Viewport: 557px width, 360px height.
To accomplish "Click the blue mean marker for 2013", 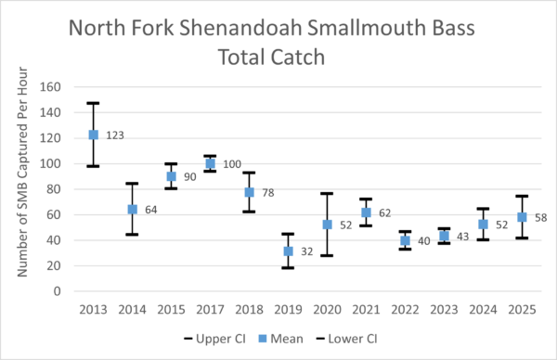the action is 94,135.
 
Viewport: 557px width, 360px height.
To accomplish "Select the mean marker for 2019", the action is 288,251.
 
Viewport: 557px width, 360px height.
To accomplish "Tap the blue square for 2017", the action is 211,163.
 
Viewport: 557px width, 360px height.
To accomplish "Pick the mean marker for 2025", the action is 522,217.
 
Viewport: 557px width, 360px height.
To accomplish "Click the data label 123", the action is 115,135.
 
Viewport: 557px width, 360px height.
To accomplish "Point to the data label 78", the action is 268,192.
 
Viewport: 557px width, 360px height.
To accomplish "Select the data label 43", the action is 463,237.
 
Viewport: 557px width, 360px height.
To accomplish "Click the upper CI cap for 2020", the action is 327,194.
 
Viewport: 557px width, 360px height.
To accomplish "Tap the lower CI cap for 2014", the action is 132,235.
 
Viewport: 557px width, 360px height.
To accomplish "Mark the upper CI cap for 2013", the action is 93,103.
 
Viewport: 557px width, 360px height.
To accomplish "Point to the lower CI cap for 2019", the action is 288,268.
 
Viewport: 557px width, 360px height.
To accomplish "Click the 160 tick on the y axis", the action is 50,86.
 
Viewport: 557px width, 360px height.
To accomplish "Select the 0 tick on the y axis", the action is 58,291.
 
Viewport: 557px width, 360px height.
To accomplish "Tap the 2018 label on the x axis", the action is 249,310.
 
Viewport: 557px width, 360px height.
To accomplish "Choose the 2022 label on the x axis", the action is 405,310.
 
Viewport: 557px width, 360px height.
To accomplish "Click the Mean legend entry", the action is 280,339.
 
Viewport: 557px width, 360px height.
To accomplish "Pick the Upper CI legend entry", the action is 215,339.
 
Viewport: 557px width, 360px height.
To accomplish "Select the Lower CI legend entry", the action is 346,339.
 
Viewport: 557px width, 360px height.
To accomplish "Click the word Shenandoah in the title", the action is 240,28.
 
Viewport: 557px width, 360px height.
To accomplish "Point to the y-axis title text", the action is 22,172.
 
